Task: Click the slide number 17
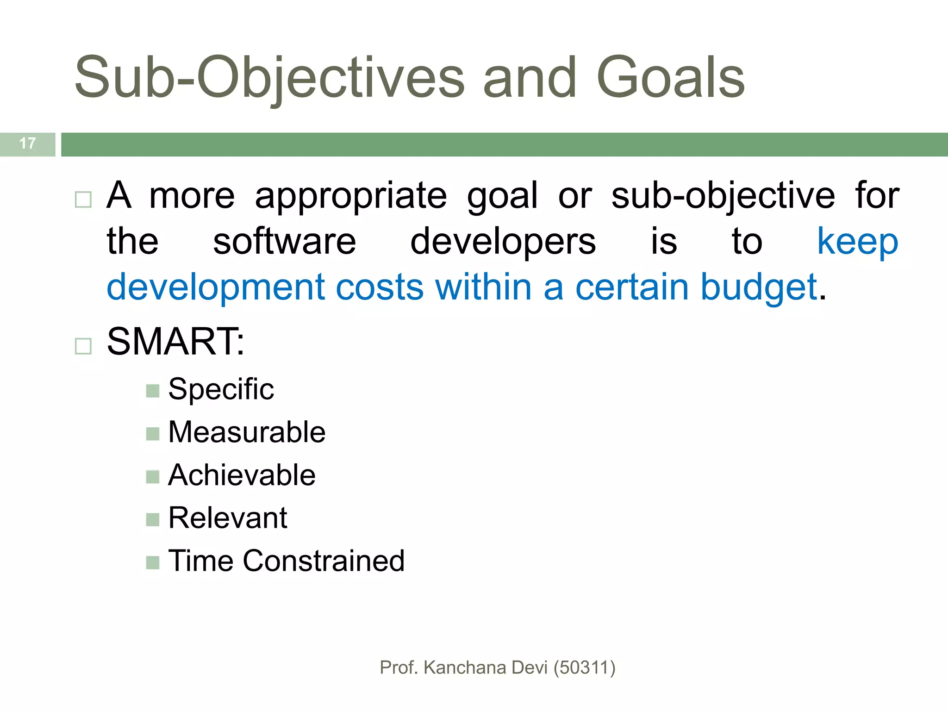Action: point(28,143)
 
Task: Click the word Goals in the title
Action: point(671,77)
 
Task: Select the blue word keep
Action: point(857,242)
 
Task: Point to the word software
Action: point(284,242)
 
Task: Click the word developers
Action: point(503,242)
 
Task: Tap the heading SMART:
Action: point(175,342)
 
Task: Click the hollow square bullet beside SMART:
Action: point(83,346)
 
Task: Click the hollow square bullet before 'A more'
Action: point(83,200)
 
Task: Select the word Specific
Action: point(221,389)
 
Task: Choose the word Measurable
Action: point(247,432)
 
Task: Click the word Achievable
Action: point(242,475)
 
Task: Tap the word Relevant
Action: point(228,518)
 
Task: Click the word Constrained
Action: point(324,561)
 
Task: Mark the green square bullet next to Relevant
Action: point(152,519)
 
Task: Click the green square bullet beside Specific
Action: point(152,391)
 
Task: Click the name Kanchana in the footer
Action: point(465,667)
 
